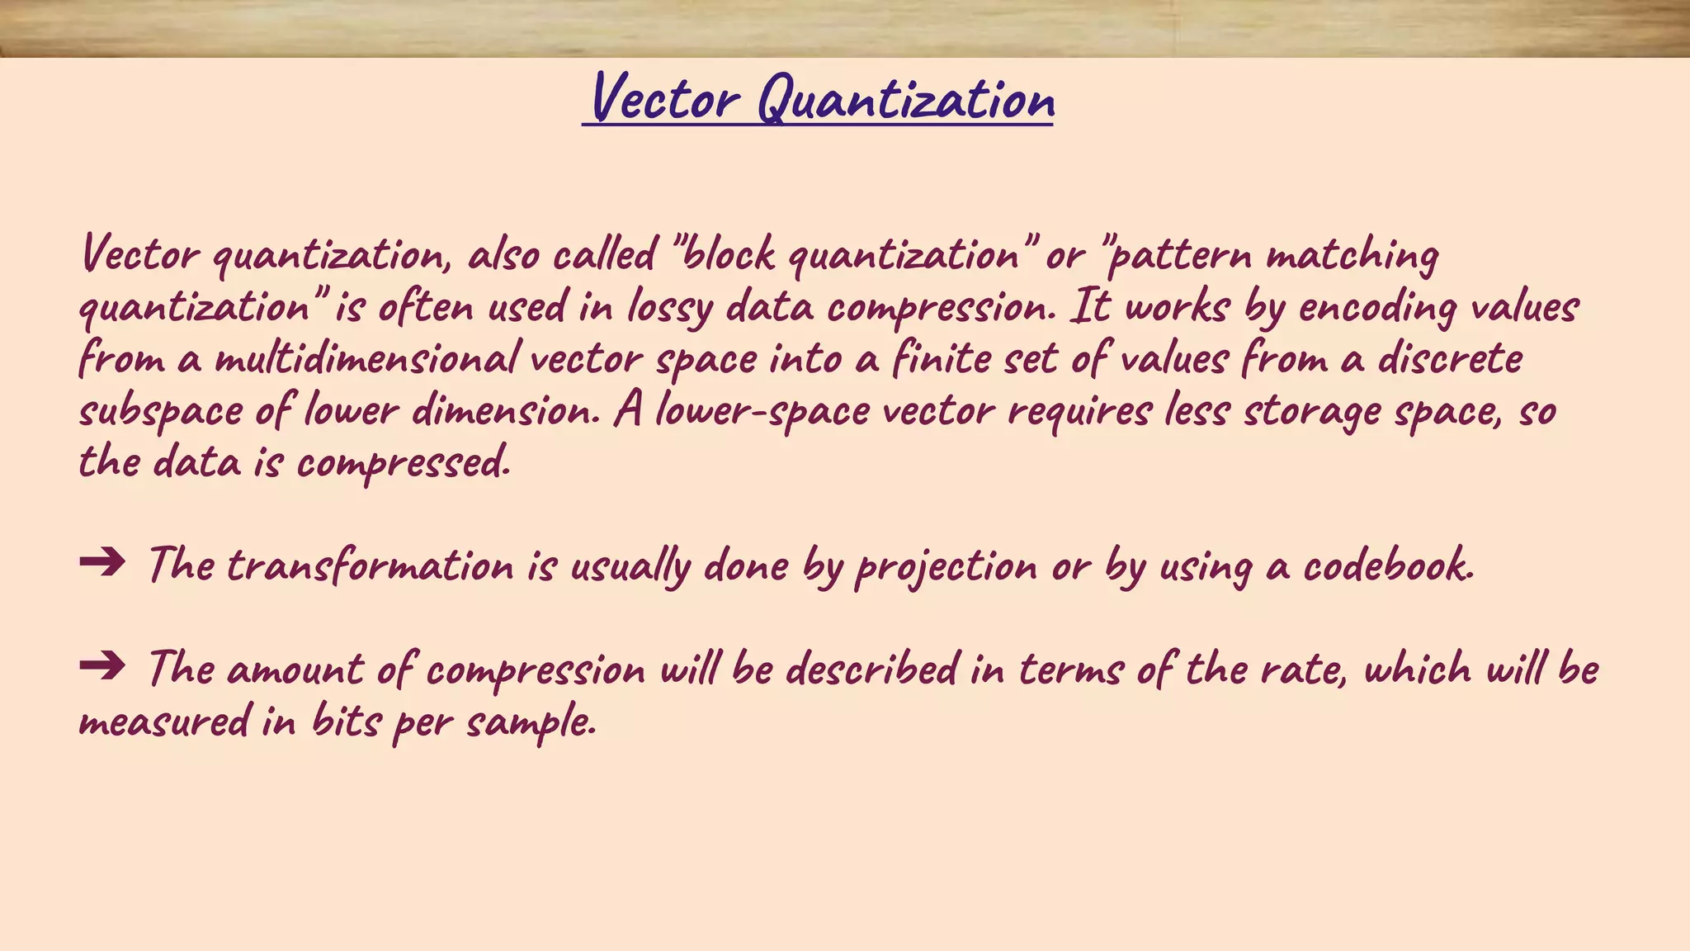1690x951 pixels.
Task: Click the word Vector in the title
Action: point(665,99)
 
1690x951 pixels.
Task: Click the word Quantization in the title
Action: point(905,101)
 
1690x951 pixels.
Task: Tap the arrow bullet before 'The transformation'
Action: point(102,563)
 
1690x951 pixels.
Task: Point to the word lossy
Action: point(669,308)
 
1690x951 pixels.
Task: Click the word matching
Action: point(1352,255)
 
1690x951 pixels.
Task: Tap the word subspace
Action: point(161,411)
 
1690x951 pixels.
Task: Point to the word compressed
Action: point(403,463)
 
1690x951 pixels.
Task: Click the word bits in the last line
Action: point(346,722)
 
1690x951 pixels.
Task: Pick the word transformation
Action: point(370,566)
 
